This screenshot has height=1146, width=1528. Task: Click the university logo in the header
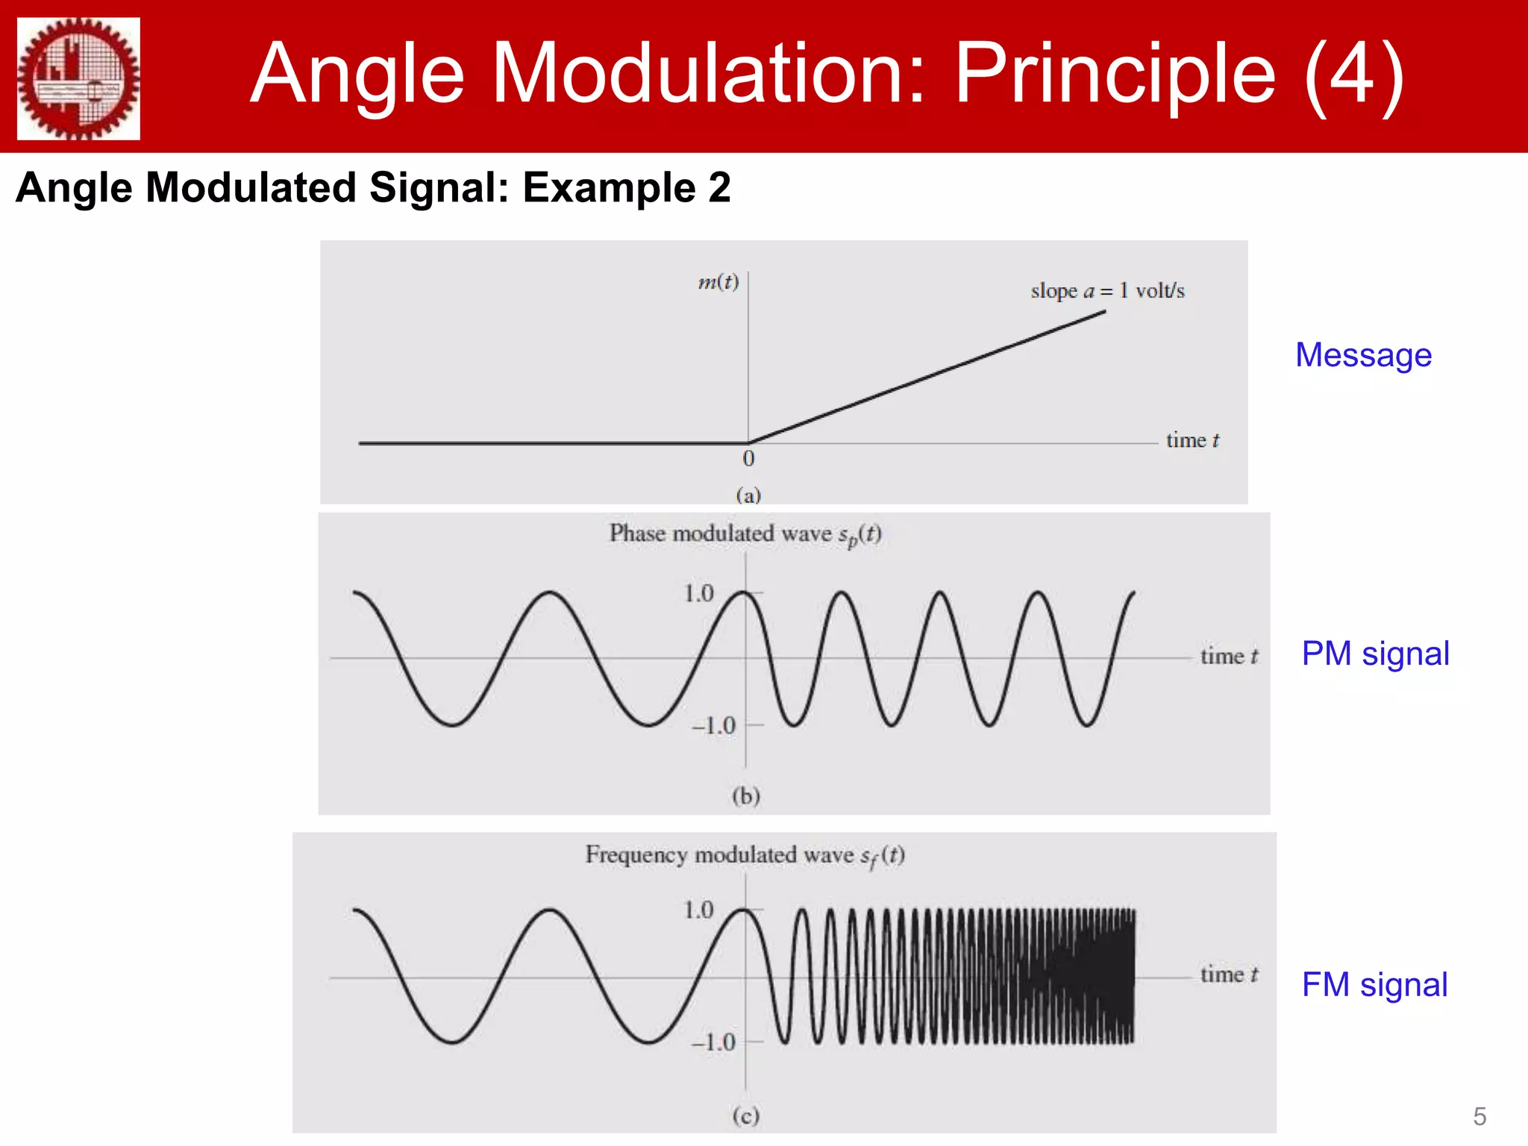78,78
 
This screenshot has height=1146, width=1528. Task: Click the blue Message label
1363,355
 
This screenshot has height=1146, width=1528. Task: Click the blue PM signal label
1375,654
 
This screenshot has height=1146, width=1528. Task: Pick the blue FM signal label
1374,985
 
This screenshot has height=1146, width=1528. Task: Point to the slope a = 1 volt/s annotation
1107,290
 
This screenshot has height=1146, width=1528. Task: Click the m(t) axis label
718,282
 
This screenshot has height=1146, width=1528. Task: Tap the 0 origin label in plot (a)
748,459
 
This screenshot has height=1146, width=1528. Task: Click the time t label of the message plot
1192,440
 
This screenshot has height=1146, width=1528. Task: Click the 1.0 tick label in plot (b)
699,594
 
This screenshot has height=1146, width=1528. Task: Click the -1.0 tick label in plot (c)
713,1042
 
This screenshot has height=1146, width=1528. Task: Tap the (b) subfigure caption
745,795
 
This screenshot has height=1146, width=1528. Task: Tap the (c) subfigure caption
745,1115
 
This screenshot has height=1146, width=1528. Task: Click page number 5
1480,1117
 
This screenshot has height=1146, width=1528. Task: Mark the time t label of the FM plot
1229,974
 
